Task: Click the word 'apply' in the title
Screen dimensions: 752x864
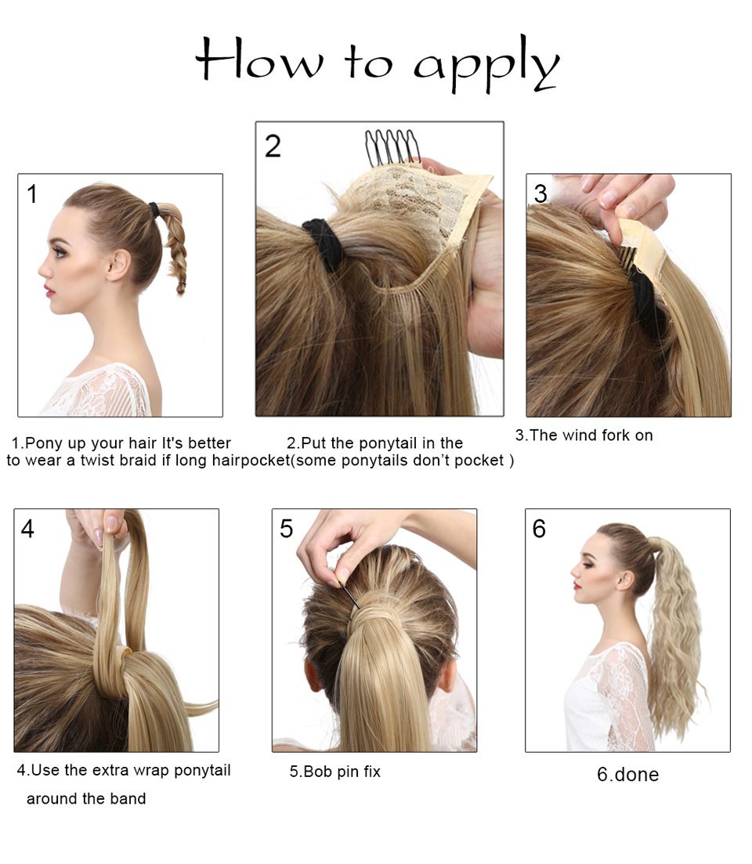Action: pos(486,64)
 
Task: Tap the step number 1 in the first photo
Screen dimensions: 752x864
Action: pos(32,194)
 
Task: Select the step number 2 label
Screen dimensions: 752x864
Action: pos(273,146)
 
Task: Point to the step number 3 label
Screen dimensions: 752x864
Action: pos(540,194)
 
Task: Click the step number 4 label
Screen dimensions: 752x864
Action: pos(27,529)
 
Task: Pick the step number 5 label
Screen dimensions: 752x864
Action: pos(287,529)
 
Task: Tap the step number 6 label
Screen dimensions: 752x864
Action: pos(539,529)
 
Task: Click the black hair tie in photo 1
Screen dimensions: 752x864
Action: pos(154,210)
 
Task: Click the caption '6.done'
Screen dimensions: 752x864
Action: pos(627,774)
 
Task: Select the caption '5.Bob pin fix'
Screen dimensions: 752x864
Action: pos(335,772)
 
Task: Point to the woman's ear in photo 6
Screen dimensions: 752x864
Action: pos(626,581)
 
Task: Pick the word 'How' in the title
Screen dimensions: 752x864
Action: pos(259,59)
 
